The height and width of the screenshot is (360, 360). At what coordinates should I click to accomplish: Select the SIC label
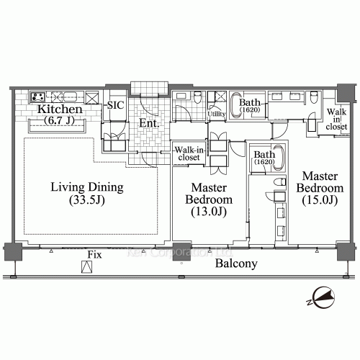[x=114, y=106]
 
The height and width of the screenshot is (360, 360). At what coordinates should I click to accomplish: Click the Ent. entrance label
[x=149, y=123]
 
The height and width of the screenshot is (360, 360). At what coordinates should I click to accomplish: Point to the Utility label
[x=217, y=114]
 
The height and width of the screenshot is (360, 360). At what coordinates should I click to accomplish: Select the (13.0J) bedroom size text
[x=207, y=212]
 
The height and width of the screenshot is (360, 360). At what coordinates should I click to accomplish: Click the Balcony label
[x=235, y=264]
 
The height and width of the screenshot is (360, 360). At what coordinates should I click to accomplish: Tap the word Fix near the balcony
[x=93, y=256]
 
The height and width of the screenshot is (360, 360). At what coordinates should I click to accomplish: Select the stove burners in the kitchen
[x=38, y=96]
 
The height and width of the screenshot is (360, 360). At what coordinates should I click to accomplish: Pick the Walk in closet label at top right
[x=336, y=119]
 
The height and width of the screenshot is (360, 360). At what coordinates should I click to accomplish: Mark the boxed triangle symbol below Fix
[x=86, y=268]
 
